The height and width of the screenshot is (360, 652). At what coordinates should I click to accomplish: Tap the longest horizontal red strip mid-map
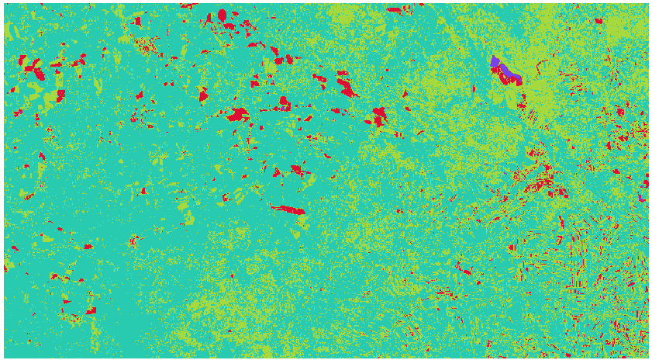(289, 209)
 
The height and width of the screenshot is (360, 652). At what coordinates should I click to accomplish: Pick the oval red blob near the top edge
(223, 15)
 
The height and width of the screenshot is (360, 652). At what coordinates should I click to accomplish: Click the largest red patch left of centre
(237, 114)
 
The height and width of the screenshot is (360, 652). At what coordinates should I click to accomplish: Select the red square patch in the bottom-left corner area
(91, 310)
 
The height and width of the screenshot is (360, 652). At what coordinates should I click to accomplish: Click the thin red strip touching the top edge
(395, 10)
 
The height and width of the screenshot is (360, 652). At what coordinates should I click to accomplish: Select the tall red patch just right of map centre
(379, 116)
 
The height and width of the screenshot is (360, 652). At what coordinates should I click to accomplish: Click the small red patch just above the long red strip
(297, 169)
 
